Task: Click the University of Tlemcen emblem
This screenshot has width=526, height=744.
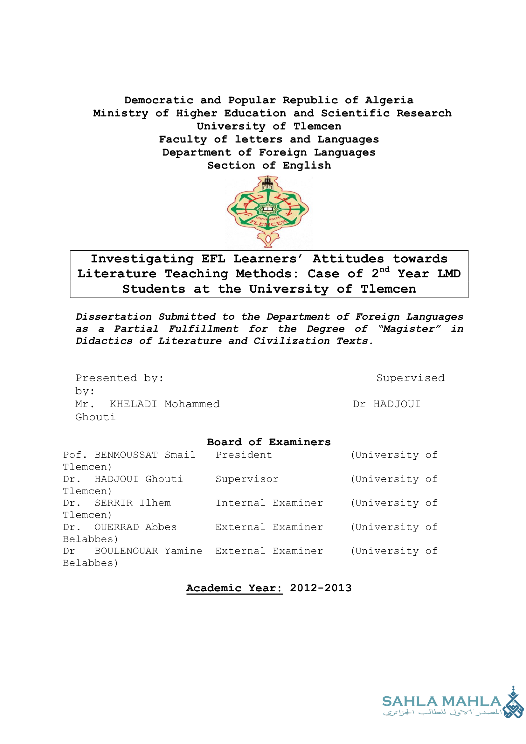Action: (268, 212)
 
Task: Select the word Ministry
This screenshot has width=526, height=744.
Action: (121, 114)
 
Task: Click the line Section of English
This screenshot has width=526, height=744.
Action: (269, 166)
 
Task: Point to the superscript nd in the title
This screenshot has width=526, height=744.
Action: (384, 270)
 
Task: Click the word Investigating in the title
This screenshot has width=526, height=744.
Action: (142, 259)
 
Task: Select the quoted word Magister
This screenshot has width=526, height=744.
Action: (409, 329)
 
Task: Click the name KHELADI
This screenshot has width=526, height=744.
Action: (133, 404)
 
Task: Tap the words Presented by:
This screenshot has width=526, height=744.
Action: (120, 378)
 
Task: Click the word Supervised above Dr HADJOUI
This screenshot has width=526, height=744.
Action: (410, 378)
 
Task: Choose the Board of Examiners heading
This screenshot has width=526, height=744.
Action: (269, 442)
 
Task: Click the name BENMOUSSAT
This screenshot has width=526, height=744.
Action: (126, 455)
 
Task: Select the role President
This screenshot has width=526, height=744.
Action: (244, 455)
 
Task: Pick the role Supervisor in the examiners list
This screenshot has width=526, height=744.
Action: (247, 479)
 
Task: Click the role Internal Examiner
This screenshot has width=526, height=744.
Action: (269, 503)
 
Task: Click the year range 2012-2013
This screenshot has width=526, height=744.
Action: (320, 588)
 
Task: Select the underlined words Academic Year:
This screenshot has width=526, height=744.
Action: (234, 588)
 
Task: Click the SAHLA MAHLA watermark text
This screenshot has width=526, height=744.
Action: (441, 701)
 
